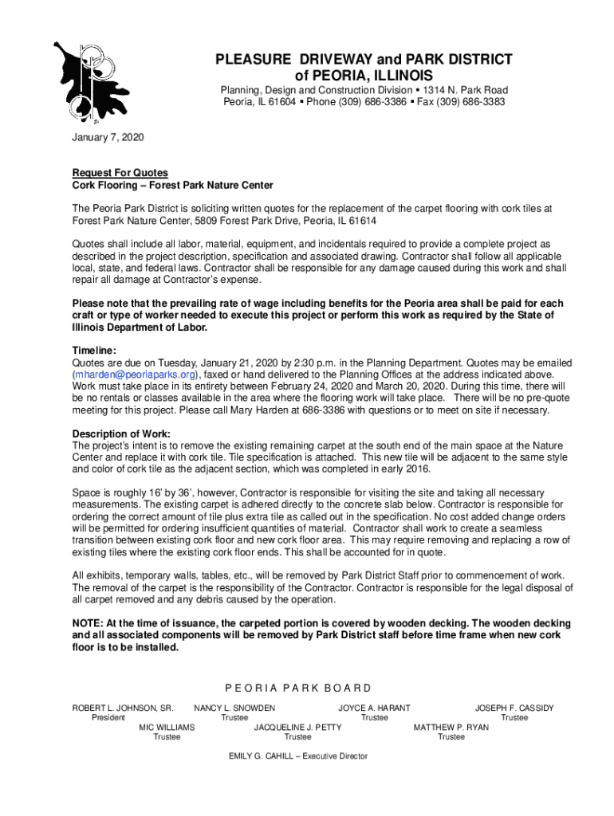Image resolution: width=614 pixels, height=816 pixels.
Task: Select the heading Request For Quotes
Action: [x=120, y=173]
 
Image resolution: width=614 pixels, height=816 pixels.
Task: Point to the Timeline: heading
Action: [x=95, y=351]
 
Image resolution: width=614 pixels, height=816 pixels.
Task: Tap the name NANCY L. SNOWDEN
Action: [x=234, y=708]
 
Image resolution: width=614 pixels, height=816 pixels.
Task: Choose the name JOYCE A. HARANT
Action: [x=374, y=708]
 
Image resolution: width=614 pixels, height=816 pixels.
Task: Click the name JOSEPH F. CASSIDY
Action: [x=514, y=708]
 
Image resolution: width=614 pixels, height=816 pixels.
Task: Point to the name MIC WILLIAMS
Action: [x=167, y=728]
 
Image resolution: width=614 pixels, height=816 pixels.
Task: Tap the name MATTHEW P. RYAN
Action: [x=451, y=728]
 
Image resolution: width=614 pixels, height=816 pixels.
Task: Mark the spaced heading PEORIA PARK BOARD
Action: [x=297, y=688]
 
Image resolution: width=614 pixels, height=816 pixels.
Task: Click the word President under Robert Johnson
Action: [x=108, y=718]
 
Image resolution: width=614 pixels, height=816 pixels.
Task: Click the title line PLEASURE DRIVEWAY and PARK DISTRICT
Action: [x=364, y=60]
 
